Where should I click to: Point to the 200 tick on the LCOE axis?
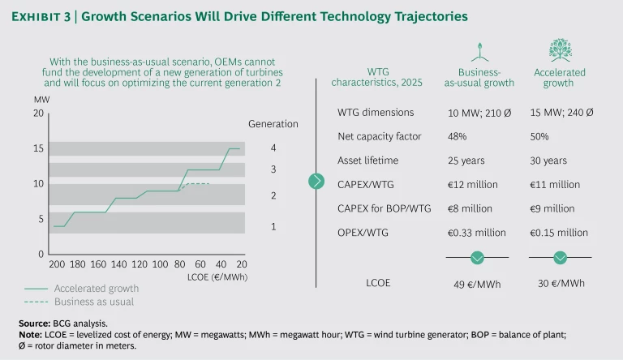point(57,264)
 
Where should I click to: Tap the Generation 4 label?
point(273,148)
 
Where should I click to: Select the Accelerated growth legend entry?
point(97,288)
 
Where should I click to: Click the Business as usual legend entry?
point(93,302)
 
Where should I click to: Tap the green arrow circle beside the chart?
point(317,181)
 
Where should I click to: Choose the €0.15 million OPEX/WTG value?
point(558,233)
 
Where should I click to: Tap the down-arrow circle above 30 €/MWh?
point(560,258)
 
